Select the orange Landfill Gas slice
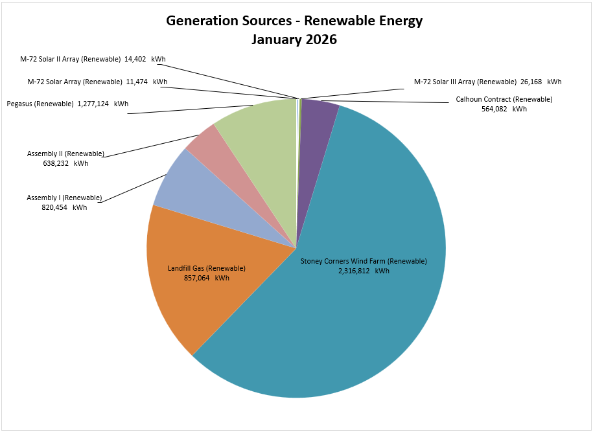[x=194, y=298]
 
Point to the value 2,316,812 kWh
[x=363, y=271]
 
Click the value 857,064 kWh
[x=206, y=278]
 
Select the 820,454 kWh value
[x=64, y=207]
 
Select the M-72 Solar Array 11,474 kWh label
[x=97, y=82]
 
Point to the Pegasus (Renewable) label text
[x=40, y=104]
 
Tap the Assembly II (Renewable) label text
[x=65, y=154]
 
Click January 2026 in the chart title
[x=294, y=39]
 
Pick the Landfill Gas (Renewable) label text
[x=206, y=268]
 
